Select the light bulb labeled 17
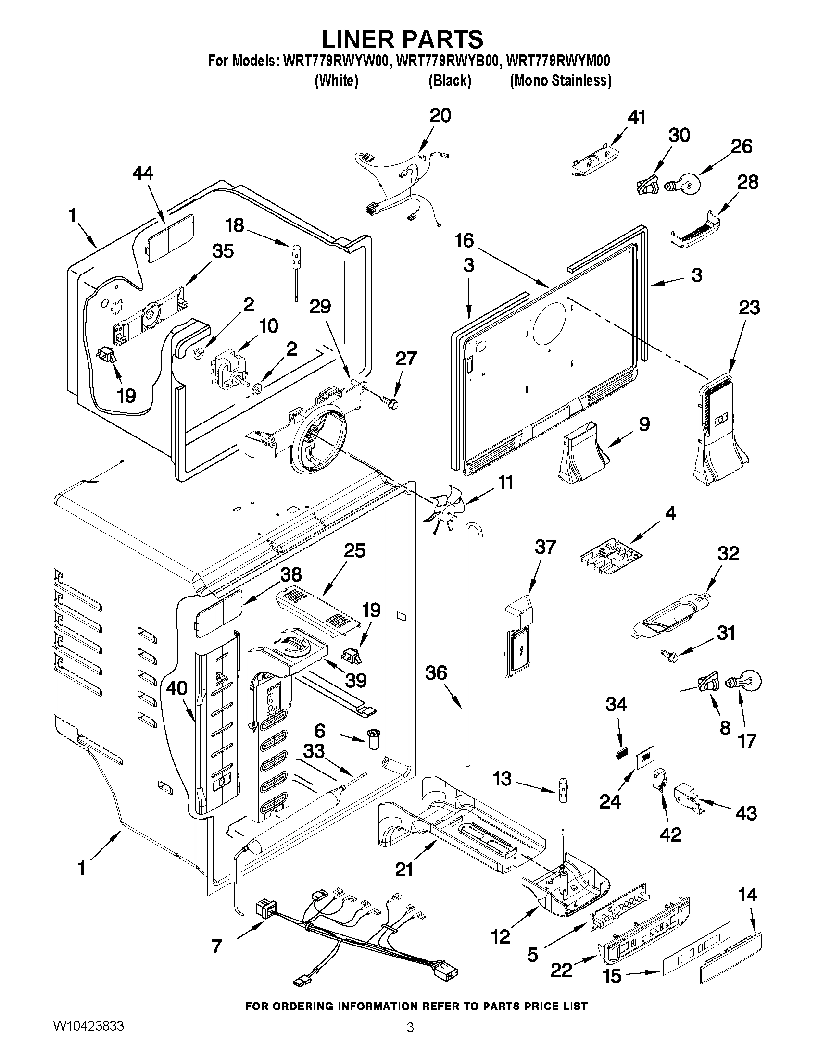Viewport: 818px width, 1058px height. point(744,682)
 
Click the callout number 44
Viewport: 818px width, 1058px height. point(143,173)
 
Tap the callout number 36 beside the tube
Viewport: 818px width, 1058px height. point(436,673)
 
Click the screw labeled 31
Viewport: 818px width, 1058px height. point(668,655)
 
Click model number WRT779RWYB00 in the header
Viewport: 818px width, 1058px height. point(449,62)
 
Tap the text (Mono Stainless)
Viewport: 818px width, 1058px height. point(560,80)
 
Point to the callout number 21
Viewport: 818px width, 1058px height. point(404,870)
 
